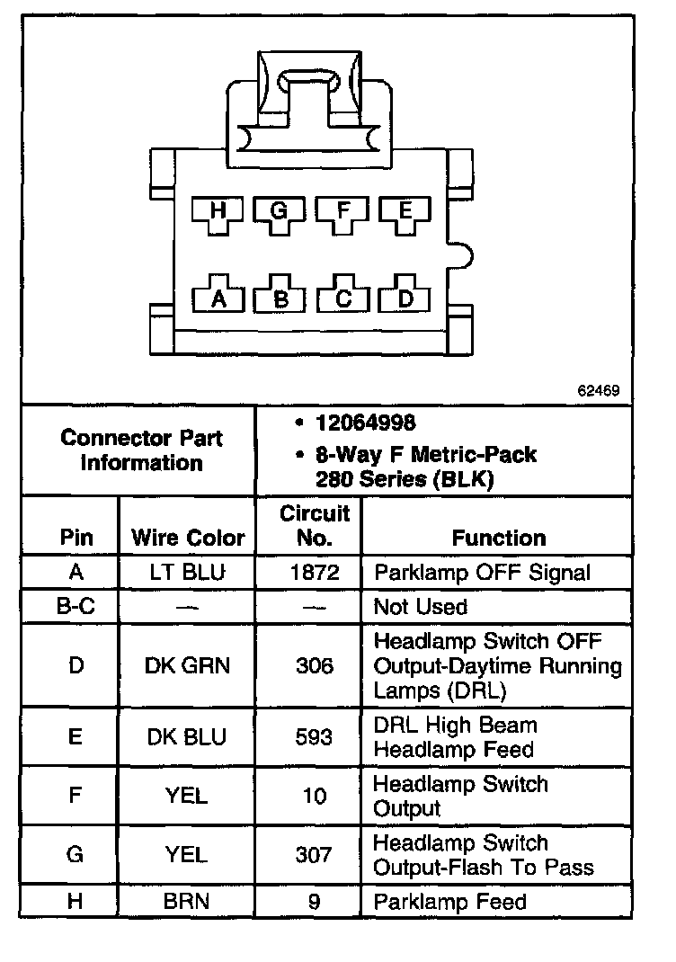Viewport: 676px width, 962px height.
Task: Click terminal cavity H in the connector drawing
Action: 217,213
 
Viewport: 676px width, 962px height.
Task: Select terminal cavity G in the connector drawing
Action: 279,213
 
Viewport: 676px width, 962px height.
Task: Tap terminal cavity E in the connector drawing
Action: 405,213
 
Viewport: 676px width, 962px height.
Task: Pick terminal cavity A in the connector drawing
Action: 217,298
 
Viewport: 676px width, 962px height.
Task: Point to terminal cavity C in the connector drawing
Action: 342,298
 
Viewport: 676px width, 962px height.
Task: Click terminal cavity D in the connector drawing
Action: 405,298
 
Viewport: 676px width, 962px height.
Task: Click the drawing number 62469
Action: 599,392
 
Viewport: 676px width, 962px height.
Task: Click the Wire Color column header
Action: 188,538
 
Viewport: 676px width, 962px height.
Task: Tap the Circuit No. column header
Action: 314,526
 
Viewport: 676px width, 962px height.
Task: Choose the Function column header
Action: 499,538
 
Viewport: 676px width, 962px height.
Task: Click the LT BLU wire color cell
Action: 188,573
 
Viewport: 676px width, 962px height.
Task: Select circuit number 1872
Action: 314,573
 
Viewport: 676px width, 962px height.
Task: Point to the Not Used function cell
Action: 421,607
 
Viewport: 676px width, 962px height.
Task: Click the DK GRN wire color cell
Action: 188,666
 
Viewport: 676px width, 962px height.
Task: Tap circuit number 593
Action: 314,737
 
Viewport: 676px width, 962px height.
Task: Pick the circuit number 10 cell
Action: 314,796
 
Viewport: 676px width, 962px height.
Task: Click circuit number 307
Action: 314,855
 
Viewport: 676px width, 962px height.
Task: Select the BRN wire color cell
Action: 188,901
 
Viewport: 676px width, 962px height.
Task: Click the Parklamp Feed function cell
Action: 449,901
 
